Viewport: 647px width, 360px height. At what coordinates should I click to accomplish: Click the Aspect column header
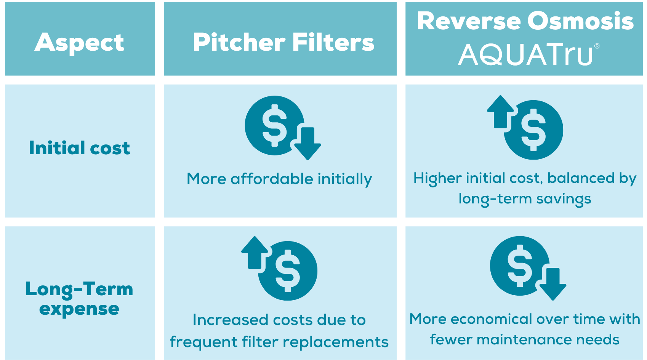79,43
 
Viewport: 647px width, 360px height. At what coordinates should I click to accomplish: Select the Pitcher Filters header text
283,42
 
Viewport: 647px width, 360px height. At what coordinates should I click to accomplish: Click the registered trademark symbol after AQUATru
597,46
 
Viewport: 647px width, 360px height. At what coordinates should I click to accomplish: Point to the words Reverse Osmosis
525,21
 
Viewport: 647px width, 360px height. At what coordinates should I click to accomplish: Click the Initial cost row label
79,148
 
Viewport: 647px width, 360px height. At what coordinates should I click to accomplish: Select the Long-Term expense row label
79,299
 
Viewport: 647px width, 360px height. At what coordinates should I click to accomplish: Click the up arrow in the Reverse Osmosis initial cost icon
501,112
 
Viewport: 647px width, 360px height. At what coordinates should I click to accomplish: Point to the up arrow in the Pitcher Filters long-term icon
255,253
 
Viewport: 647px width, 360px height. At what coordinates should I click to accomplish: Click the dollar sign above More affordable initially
274,125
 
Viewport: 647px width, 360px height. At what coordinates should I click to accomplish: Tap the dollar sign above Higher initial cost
533,130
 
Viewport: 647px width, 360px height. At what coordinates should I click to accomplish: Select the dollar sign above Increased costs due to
288,271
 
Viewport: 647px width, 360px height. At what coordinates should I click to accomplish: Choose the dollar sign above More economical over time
520,266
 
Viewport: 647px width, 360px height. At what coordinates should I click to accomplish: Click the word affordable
272,179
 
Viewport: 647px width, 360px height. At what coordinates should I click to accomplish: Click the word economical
491,319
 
